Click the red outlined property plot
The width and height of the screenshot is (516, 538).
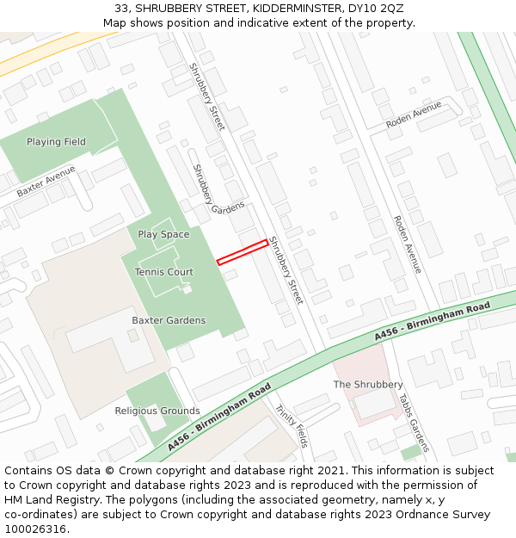click(243, 252)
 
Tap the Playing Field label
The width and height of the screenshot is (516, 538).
click(56, 142)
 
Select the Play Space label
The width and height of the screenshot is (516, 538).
click(163, 235)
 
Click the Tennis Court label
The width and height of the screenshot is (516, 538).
click(163, 272)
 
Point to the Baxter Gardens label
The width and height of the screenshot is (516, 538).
click(169, 321)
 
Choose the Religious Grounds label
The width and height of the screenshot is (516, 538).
click(157, 411)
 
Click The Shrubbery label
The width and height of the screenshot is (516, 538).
click(368, 385)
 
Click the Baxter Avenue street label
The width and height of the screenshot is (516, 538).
click(46, 182)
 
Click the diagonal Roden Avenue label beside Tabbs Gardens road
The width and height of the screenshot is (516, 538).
click(407, 244)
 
